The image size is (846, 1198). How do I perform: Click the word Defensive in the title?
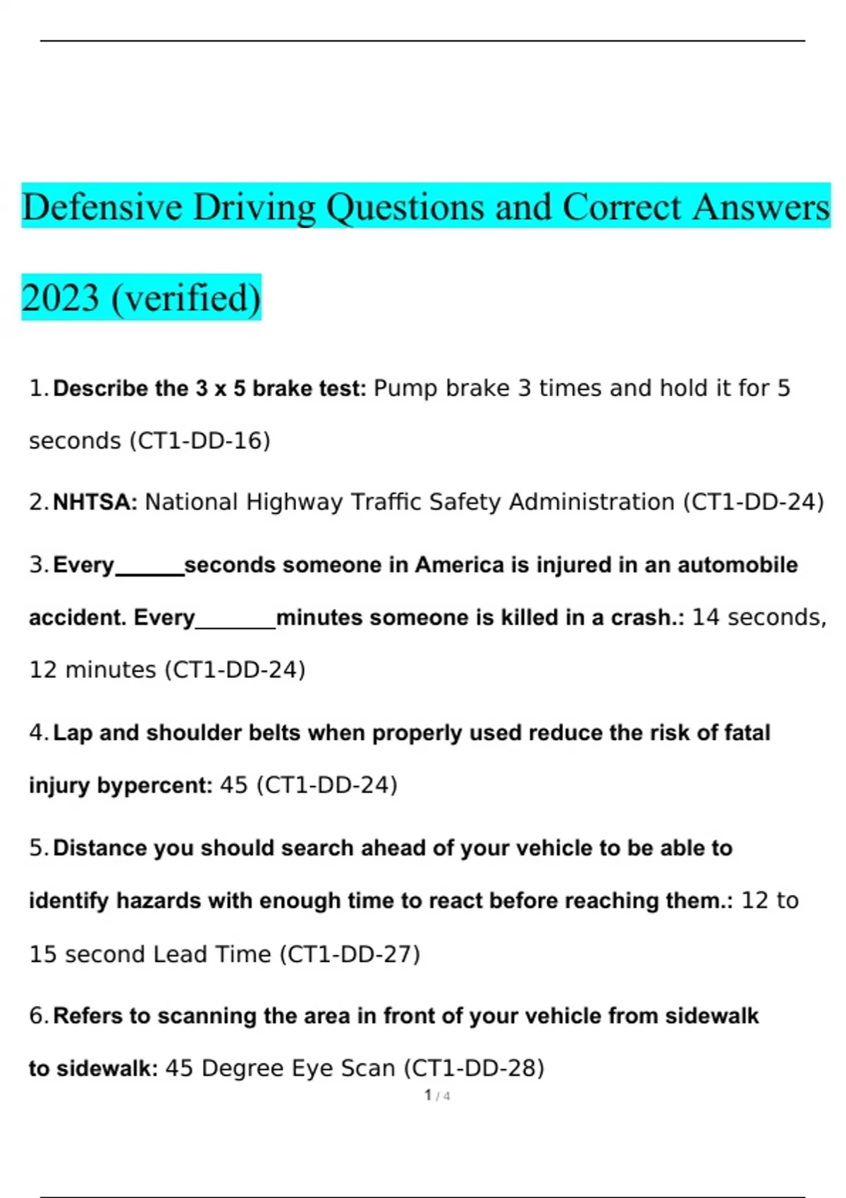coord(102,207)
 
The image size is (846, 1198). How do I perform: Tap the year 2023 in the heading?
coord(61,298)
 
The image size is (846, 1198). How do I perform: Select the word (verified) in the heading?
coord(186,298)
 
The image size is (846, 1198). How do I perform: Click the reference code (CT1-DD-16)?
coord(200,441)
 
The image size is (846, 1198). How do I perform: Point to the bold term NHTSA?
coord(95,502)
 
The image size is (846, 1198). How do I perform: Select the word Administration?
coord(591,502)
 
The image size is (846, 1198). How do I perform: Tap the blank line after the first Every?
coord(149,572)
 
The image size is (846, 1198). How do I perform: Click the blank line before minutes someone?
coord(235,625)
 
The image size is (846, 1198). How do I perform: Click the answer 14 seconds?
coord(759,617)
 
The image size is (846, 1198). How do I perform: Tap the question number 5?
coord(37,848)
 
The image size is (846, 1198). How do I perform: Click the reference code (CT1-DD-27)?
coord(350,954)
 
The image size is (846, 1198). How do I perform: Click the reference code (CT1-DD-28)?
coord(474,1068)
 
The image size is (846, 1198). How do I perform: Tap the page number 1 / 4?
coord(437,1096)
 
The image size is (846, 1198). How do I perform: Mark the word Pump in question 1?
coord(405,388)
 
